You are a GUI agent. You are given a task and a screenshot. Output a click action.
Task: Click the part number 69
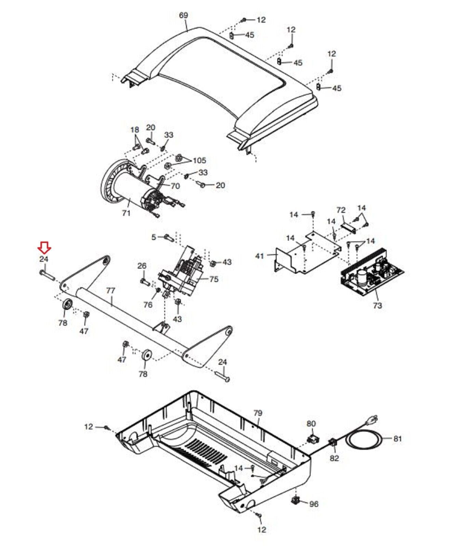tap(184, 15)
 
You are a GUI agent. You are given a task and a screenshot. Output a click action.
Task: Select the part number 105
tap(199, 160)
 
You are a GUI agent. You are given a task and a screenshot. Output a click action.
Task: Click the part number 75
tap(214, 279)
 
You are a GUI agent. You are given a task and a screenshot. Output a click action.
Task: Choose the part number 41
tap(259, 255)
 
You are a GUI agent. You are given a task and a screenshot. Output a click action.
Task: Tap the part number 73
tap(377, 305)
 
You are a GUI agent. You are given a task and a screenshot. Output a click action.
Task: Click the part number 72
tap(341, 210)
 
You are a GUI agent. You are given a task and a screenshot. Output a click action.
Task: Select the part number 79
tap(258, 413)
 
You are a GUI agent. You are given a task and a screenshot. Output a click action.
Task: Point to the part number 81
tap(397, 439)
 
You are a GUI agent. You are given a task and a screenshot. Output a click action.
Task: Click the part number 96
tap(314, 504)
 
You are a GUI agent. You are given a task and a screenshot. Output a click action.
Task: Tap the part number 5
tap(154, 237)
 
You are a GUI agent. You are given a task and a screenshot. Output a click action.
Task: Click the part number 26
tap(142, 266)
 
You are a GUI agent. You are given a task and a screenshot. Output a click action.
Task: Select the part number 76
tap(148, 304)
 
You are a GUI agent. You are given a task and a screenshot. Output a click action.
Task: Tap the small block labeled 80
tap(311, 438)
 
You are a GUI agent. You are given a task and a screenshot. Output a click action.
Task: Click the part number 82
tap(334, 458)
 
